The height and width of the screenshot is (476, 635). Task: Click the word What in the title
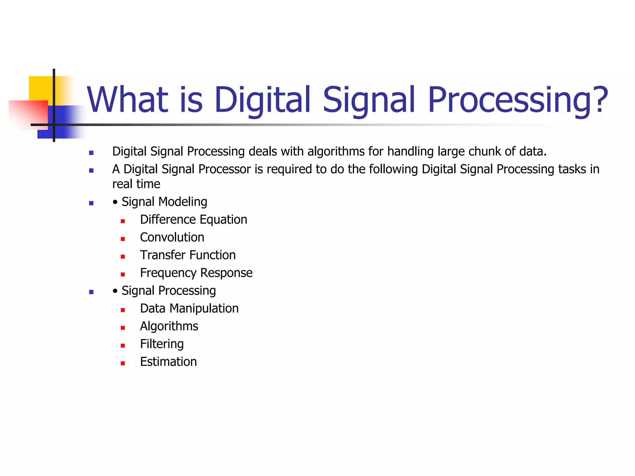pos(127,100)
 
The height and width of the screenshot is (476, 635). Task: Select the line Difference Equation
pos(193,220)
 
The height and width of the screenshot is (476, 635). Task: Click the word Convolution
pos(172,237)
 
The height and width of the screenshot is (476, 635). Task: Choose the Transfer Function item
pos(188,255)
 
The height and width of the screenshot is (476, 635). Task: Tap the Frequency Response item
pos(196,273)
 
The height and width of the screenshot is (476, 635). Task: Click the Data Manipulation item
pos(189,309)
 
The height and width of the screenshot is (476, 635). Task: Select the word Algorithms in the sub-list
pos(169,326)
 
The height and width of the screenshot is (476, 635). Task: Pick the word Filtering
pos(162,344)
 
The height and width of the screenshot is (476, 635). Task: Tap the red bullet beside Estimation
pos(123,363)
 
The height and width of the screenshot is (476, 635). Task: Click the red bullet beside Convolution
pos(123,239)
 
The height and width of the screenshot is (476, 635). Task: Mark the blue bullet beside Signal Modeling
pos(91,203)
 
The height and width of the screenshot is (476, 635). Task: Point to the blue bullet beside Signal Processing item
pos(91,292)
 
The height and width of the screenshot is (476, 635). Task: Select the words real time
pos(136,184)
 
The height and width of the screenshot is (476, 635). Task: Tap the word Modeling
pos(183,202)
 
